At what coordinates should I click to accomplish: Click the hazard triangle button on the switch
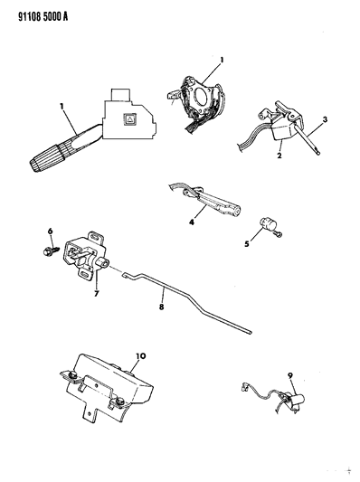pos(128,119)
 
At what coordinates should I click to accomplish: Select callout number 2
pos(279,156)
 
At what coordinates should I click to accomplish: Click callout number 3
pos(325,119)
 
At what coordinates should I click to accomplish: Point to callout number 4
pos(192,222)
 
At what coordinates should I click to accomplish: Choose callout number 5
pos(247,245)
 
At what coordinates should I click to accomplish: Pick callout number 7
pos(96,294)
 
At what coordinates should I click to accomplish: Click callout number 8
pos(161,307)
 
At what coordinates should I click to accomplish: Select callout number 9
pos(290,375)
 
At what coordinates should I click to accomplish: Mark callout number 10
pos(141,356)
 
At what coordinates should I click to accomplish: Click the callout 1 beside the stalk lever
pos(62,107)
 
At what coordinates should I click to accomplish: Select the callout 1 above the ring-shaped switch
pos(222,60)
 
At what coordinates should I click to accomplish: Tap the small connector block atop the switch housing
pos(120,95)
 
